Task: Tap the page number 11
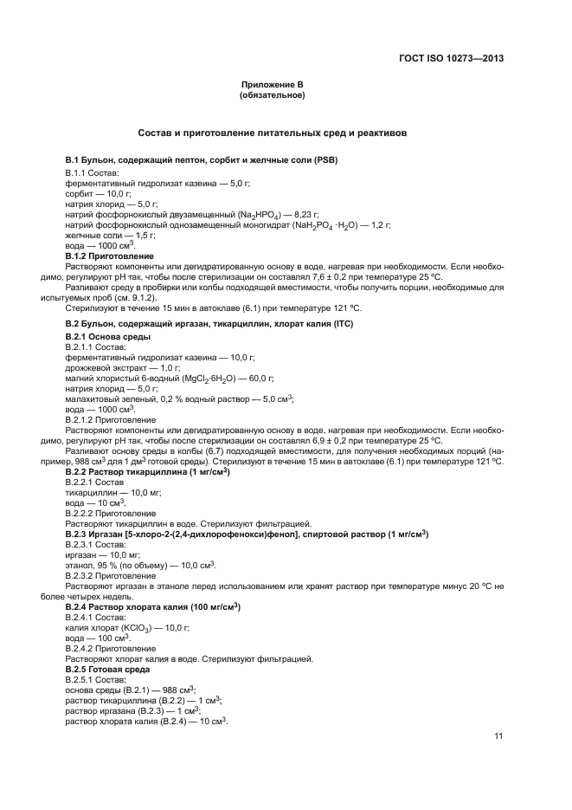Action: [498, 736]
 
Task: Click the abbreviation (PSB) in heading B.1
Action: [325, 160]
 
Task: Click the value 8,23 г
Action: [307, 213]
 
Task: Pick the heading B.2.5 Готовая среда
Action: [111, 670]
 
